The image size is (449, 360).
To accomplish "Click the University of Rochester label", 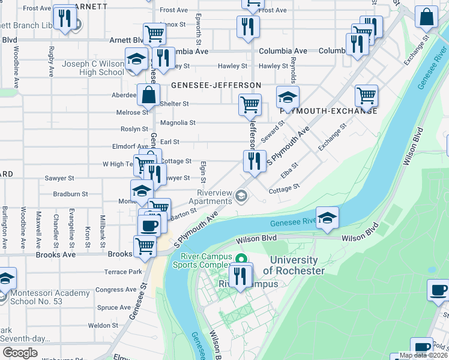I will tap(294, 265).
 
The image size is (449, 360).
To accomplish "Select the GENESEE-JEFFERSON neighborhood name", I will tap(216, 86).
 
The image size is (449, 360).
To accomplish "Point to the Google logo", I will tap(20, 352).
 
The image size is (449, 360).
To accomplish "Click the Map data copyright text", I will tap(423, 355).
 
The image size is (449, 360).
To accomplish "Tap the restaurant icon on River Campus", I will tap(241, 276).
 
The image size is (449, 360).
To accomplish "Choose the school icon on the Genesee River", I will tap(328, 218).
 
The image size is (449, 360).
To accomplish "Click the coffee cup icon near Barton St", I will tap(149, 226).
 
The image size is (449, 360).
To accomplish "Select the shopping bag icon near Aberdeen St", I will tap(148, 95).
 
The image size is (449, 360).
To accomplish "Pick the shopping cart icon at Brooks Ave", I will tap(145, 246).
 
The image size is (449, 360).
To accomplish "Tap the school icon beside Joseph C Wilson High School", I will tap(136, 59).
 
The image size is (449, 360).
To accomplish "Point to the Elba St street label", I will tap(289, 170).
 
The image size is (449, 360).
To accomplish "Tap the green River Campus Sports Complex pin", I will tap(241, 259).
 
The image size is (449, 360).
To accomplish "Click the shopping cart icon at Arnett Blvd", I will tap(155, 34).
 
